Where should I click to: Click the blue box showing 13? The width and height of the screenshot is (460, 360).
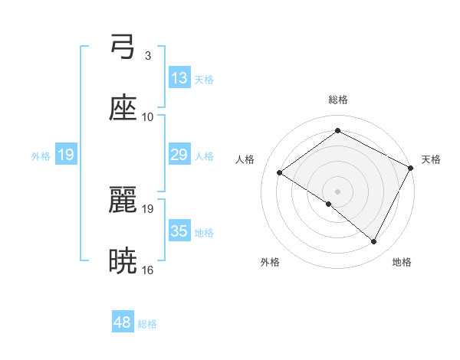[179, 78]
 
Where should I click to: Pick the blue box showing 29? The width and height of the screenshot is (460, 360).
[179, 155]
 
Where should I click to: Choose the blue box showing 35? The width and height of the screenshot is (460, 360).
[179, 231]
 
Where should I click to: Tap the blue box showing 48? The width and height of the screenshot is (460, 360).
[123, 322]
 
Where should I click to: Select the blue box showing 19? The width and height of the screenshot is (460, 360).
[66, 155]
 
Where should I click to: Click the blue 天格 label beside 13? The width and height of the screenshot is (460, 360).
[204, 79]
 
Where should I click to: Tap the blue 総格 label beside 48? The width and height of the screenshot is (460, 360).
[148, 323]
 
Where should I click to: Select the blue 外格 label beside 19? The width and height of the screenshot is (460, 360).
[41, 155]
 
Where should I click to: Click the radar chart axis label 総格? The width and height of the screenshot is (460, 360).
[337, 100]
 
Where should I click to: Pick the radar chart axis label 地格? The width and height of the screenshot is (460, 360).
[402, 262]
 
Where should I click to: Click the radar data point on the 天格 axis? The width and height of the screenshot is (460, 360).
[410, 168]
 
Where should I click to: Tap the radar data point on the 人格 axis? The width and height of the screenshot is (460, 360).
[280, 173]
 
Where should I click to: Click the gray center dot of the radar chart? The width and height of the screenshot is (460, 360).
[337, 191]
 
